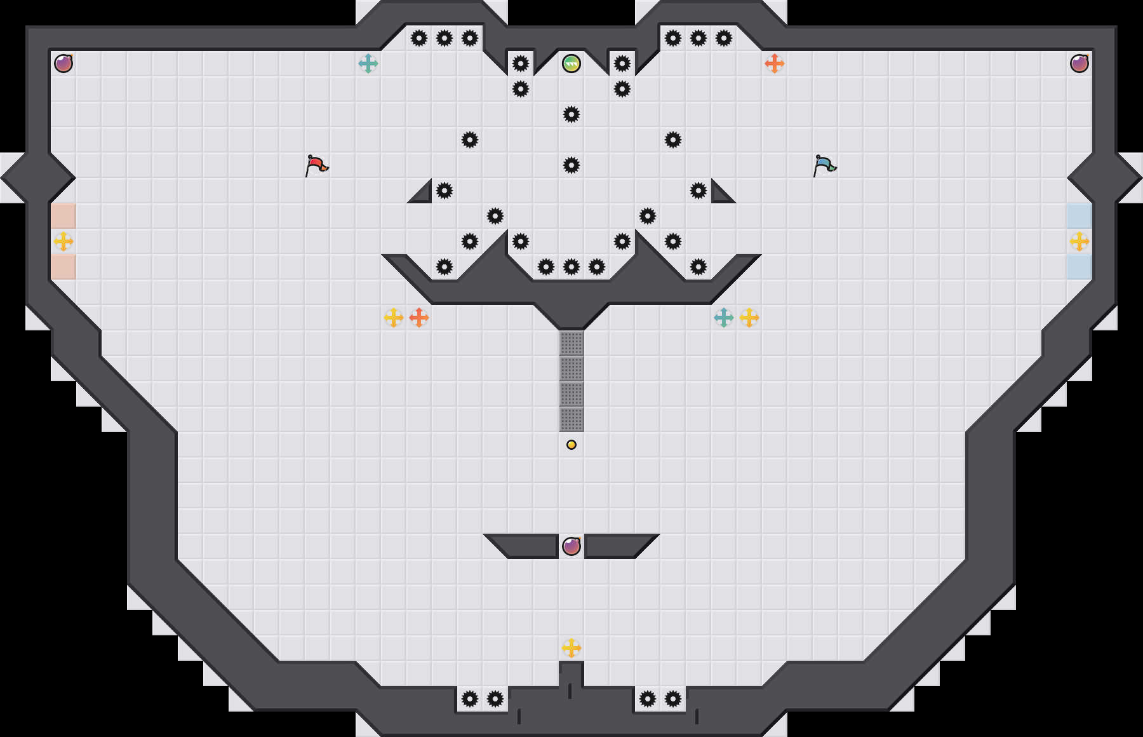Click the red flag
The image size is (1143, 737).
(316, 165)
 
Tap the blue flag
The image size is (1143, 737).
(824, 165)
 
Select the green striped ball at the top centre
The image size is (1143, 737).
(571, 64)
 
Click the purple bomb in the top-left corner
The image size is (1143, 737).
(63, 64)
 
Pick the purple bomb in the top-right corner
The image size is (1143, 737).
(1079, 64)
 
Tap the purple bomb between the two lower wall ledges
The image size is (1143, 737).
(571, 546)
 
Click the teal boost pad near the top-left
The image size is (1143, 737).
(368, 64)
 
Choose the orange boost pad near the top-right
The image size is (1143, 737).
(775, 64)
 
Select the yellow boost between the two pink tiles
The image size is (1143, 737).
(63, 241)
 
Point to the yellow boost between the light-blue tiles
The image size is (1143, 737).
(1079, 241)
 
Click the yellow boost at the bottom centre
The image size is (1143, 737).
(571, 648)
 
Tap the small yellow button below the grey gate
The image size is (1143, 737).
(571, 445)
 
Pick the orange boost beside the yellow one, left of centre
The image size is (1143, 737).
(419, 318)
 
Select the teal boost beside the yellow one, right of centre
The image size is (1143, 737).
(724, 318)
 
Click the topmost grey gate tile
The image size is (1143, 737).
(571, 343)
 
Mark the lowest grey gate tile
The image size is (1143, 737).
(571, 419)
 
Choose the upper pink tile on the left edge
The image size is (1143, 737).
(63, 216)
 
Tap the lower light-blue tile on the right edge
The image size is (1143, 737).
(1079, 267)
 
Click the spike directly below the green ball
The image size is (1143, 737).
(571, 114)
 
